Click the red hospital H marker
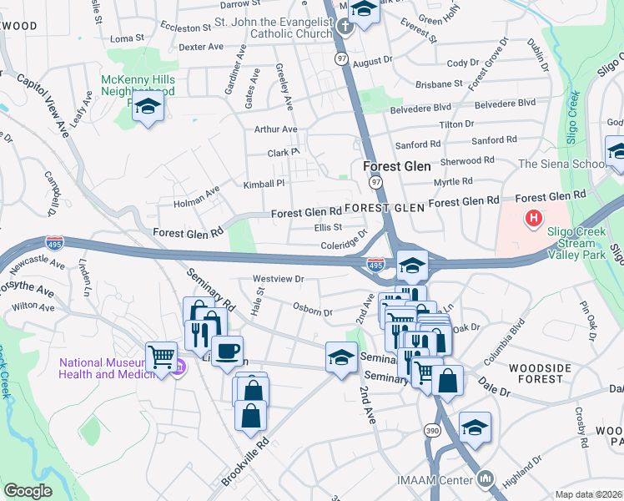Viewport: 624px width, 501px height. pyautogui.click(x=534, y=220)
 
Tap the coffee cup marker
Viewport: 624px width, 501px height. pyautogui.click(x=227, y=351)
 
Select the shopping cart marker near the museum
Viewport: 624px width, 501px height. pyautogui.click(x=161, y=357)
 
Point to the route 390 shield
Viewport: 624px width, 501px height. pyautogui.click(x=432, y=429)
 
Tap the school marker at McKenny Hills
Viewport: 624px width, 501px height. pyautogui.click(x=148, y=107)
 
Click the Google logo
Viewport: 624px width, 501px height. pyautogui.click(x=28, y=491)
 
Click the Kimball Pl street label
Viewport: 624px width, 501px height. pyautogui.click(x=264, y=183)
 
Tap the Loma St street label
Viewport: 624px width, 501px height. pyautogui.click(x=127, y=38)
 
